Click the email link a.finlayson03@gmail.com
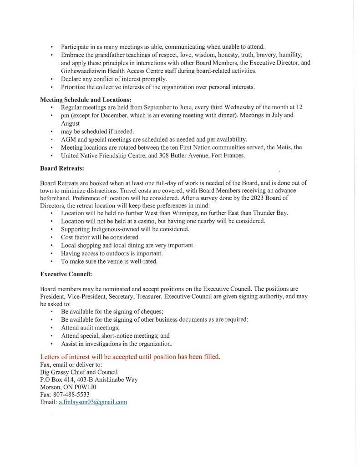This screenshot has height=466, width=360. [x=92, y=402]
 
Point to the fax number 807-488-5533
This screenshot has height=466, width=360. [x=72, y=395]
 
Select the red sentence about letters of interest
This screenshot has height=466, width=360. [x=130, y=356]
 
